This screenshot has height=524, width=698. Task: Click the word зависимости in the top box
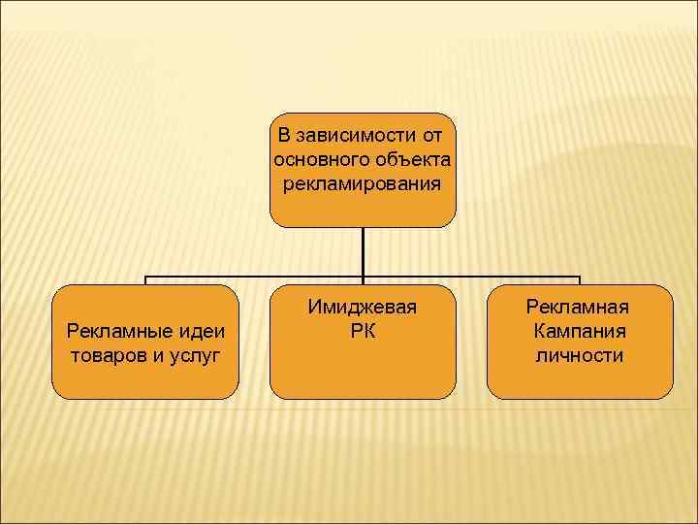(356, 133)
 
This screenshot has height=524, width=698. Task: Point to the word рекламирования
(363, 183)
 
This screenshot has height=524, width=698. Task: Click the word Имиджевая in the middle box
(363, 307)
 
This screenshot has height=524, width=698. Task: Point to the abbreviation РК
(363, 331)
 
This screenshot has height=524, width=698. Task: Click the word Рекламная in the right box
(579, 307)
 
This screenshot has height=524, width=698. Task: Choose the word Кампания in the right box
(579, 331)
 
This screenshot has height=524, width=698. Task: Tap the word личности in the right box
(579, 355)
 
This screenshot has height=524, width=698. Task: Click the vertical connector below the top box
(363, 252)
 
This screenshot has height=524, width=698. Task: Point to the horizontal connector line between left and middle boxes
(252, 277)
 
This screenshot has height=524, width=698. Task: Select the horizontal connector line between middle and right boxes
(475, 277)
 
